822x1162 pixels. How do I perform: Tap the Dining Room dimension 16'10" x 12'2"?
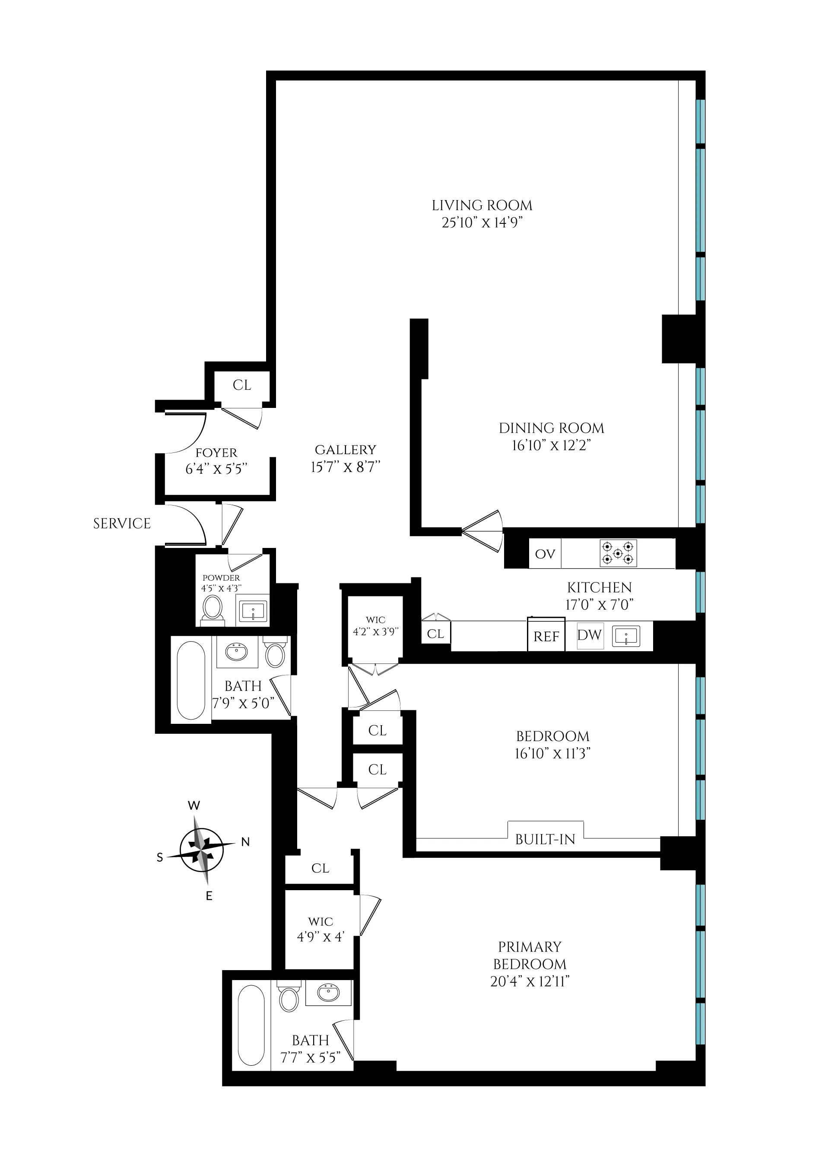click(x=551, y=445)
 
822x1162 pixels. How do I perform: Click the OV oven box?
click(x=545, y=554)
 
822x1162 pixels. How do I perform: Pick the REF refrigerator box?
click(x=546, y=637)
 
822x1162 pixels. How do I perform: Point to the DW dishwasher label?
click(x=589, y=635)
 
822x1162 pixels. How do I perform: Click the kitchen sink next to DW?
click(x=626, y=636)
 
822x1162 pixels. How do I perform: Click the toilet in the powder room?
click(x=212, y=608)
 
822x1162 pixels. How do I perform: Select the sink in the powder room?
click(x=253, y=611)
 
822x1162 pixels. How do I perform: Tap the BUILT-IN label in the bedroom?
click(x=545, y=840)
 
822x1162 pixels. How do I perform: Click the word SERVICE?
click(x=121, y=524)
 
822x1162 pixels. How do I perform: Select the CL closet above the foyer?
click(x=242, y=385)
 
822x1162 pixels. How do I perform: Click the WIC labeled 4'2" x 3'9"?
click(x=375, y=626)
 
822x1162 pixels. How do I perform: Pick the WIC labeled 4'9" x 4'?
click(x=320, y=929)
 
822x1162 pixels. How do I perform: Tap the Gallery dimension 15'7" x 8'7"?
click(x=345, y=467)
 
